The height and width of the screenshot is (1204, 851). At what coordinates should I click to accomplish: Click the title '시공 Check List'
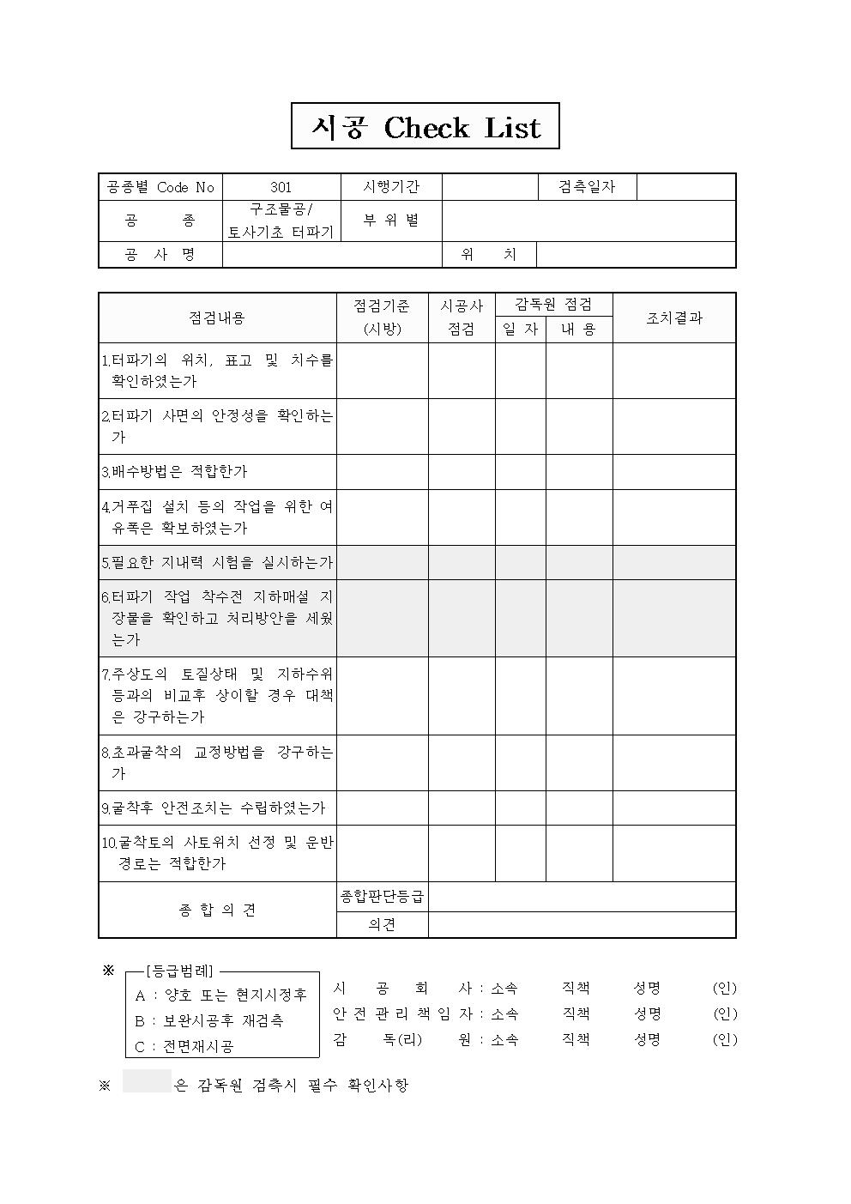(x=425, y=127)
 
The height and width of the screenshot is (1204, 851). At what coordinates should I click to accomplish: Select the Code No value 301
(x=281, y=187)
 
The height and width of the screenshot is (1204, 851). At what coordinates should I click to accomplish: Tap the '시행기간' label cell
(x=391, y=187)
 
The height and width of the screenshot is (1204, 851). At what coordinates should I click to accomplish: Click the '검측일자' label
(x=587, y=187)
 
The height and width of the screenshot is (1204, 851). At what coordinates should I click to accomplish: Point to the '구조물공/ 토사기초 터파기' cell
(x=281, y=221)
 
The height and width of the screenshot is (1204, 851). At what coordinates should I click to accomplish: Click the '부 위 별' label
(x=391, y=221)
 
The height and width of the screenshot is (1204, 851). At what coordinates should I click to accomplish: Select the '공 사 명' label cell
(x=160, y=255)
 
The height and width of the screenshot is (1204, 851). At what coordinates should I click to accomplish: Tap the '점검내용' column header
(x=217, y=318)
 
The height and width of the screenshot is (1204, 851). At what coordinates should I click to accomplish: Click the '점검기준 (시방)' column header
(x=382, y=318)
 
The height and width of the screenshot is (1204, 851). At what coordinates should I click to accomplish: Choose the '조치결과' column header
(x=673, y=318)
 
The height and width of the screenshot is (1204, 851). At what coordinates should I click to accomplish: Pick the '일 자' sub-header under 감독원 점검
(x=520, y=329)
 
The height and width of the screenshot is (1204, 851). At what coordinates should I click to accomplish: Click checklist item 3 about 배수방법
(x=175, y=471)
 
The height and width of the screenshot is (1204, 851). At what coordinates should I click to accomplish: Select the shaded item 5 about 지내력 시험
(x=217, y=563)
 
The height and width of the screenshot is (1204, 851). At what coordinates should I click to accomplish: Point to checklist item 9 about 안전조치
(x=214, y=808)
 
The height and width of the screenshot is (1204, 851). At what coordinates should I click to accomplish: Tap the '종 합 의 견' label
(x=217, y=910)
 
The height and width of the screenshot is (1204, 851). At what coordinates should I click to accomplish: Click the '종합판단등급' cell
(x=382, y=897)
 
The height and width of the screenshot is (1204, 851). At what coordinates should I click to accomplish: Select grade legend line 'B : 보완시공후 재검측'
(x=209, y=1021)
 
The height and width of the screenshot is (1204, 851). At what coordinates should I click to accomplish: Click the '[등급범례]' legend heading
(x=179, y=971)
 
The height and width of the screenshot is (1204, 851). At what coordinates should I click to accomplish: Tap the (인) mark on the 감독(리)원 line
(x=725, y=1039)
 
